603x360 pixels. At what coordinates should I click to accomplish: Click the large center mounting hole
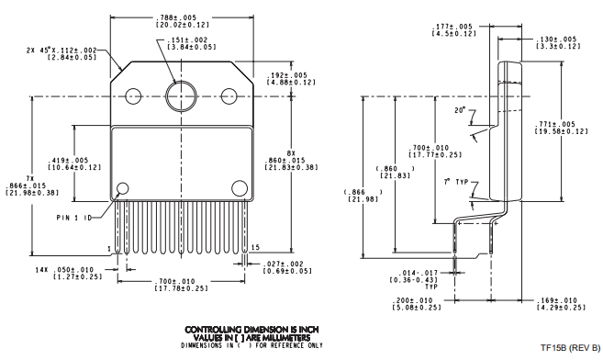tap(180, 95)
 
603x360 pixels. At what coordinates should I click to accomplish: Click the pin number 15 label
tap(255, 246)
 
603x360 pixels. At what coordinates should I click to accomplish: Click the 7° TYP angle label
tap(455, 182)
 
